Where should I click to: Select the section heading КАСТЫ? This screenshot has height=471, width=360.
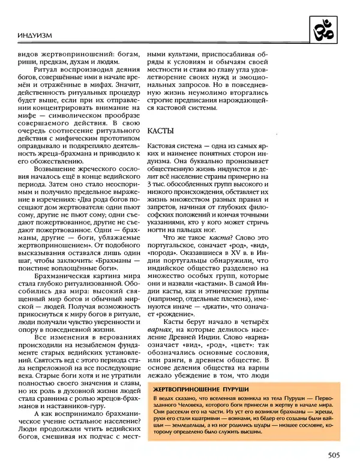[x=160, y=130]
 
